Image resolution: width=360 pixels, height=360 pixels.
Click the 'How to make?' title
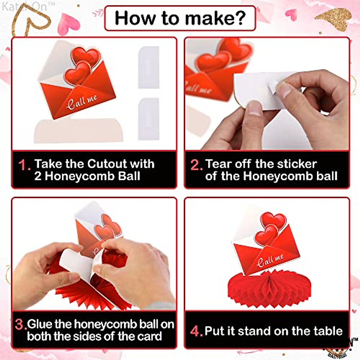(180, 18)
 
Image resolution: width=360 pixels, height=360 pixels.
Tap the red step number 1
(24, 165)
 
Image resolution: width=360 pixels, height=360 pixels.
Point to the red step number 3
(20, 325)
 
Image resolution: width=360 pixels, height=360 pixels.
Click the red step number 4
(196, 331)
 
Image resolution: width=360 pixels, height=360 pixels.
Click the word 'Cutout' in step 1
(107, 164)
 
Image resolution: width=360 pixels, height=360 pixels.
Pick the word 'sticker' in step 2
(297, 164)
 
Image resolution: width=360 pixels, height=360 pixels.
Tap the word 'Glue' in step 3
(40, 324)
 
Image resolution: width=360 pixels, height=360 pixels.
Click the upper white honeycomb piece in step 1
(148, 67)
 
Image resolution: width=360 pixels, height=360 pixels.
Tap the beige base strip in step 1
(79, 130)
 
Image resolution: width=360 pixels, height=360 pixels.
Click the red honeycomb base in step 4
(264, 288)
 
